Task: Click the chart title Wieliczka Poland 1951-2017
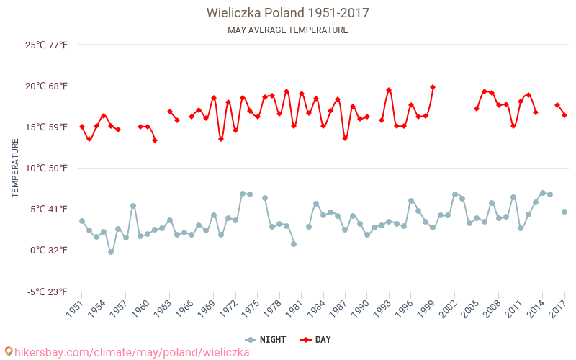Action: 287,13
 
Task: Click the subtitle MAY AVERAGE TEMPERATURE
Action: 287,30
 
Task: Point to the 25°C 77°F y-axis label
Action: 46,45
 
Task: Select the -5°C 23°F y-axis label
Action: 47,292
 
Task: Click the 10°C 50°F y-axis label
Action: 46,168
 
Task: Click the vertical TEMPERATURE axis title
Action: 15,168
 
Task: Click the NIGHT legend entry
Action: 265,340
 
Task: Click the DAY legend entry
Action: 315,340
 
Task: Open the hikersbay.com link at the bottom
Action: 132,353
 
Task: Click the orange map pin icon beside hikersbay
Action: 8,352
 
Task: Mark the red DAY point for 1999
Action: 433,87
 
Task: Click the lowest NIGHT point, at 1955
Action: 111,252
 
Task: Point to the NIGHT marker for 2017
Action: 564,212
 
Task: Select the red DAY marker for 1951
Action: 82,127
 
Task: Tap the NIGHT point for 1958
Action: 133,206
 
